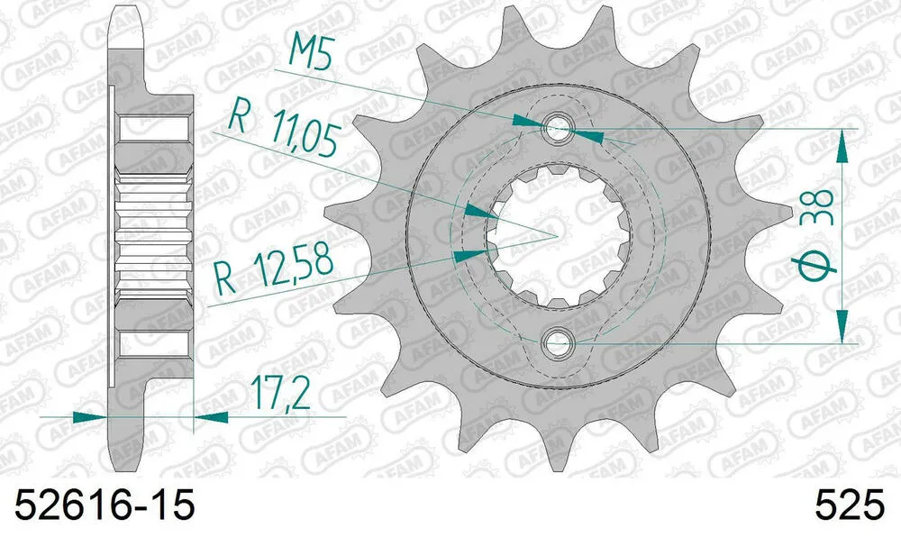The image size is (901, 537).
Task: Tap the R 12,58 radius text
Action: [x=276, y=268]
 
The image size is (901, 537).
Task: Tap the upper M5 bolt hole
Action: [x=558, y=128]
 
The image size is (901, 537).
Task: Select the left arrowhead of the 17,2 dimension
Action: [x=86, y=416]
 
